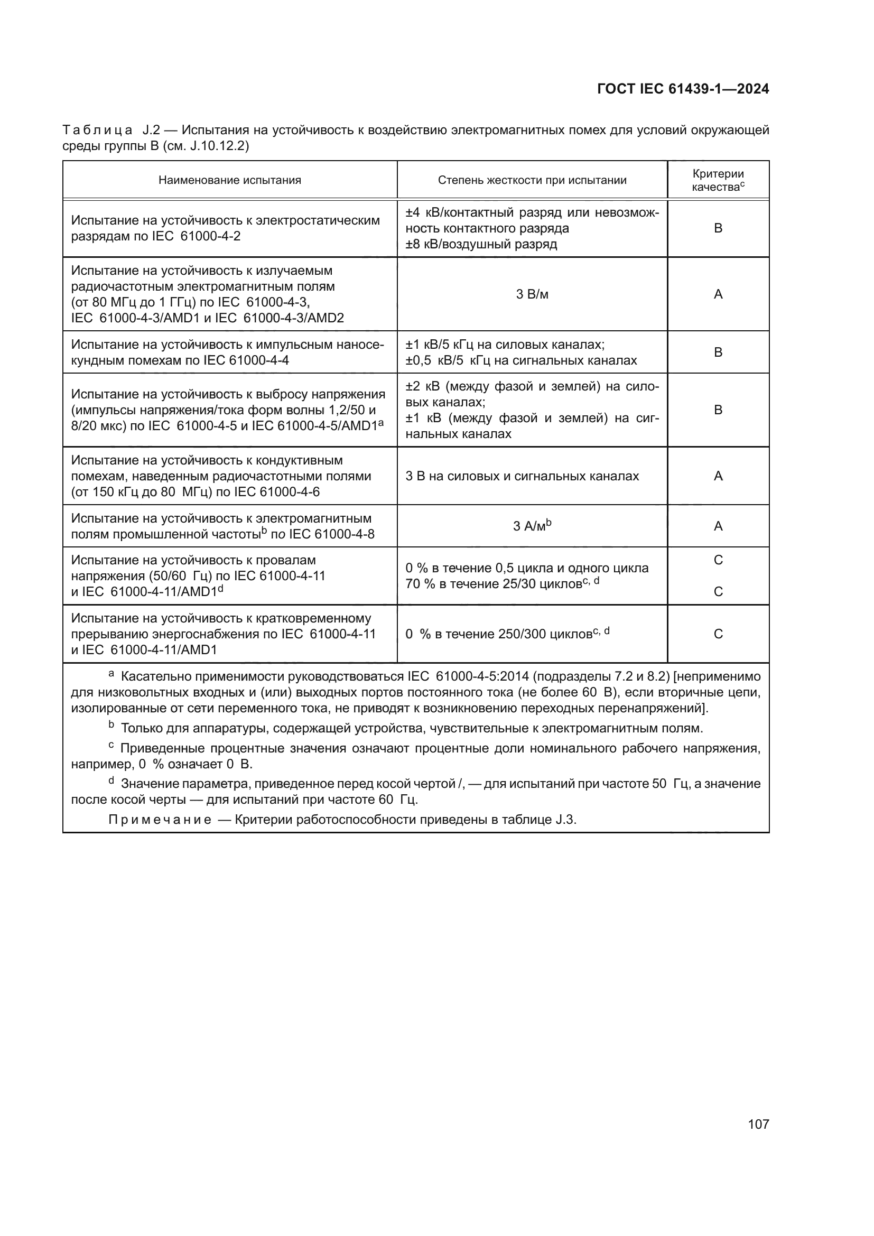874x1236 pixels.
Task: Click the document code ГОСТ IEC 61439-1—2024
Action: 683,89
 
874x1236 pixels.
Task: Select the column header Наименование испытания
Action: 230,180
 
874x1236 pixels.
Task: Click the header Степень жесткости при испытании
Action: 532,180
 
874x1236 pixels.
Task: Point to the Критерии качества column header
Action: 718,180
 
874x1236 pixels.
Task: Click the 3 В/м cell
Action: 532,294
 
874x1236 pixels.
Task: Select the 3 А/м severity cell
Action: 532,526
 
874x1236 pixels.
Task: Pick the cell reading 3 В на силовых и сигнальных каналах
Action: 522,477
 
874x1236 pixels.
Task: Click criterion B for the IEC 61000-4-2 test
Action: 718,228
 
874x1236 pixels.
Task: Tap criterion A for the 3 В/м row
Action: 718,294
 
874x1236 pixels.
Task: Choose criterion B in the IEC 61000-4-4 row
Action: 718,352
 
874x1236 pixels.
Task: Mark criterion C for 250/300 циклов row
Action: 718,634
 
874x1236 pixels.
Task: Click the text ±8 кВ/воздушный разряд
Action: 481,245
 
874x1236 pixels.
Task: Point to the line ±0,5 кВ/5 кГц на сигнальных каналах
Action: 521,361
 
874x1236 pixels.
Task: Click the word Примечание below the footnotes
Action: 160,820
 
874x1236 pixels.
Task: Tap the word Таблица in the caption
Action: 97,131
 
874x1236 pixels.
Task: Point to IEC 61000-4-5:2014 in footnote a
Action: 468,677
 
